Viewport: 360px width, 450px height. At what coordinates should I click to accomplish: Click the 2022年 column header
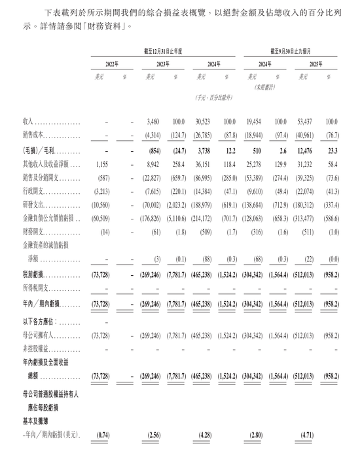click(x=112, y=64)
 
